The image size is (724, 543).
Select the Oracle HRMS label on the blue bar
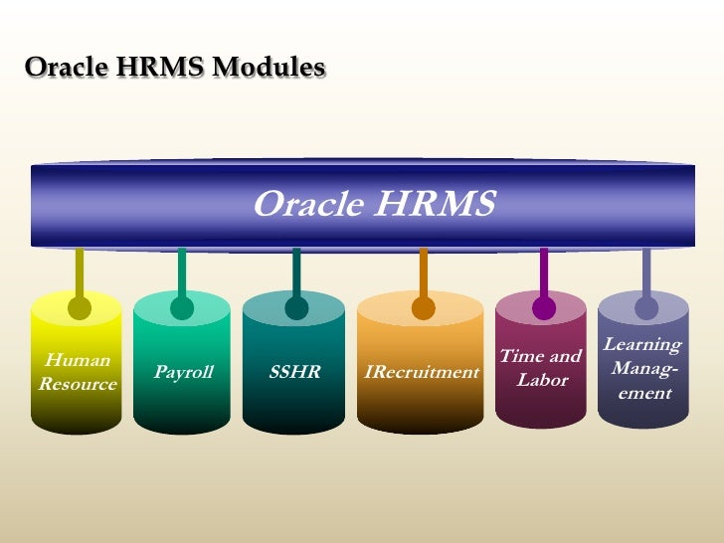click(x=373, y=204)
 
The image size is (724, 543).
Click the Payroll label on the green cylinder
click(x=183, y=373)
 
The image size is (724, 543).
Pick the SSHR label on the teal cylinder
click(x=294, y=373)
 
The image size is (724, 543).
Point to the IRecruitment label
click(x=422, y=373)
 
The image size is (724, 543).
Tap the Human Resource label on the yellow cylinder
click(x=77, y=372)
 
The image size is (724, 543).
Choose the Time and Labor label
click(x=541, y=368)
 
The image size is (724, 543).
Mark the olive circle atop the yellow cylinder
click(x=80, y=308)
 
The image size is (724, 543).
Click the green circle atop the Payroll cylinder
click(x=182, y=308)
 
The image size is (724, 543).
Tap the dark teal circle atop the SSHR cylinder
click(x=296, y=308)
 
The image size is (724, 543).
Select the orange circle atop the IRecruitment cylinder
click(x=424, y=308)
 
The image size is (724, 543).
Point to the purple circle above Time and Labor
click(x=543, y=308)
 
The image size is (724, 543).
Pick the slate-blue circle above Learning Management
click(x=646, y=308)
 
